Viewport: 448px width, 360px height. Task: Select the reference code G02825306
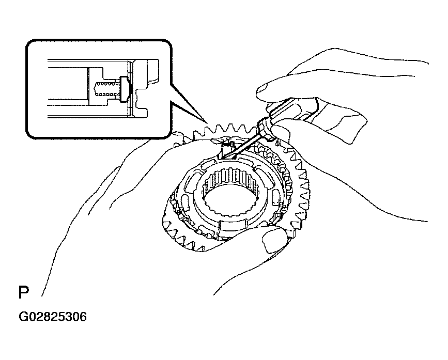(53, 317)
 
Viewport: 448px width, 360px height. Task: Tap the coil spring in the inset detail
(106, 89)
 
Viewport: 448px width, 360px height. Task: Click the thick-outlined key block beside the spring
(123, 89)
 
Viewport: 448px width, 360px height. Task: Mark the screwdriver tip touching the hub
(224, 156)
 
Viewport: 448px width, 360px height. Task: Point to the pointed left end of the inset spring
(94, 89)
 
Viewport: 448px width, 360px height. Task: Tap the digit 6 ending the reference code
(83, 317)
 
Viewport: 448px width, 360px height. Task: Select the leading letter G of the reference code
(23, 317)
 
